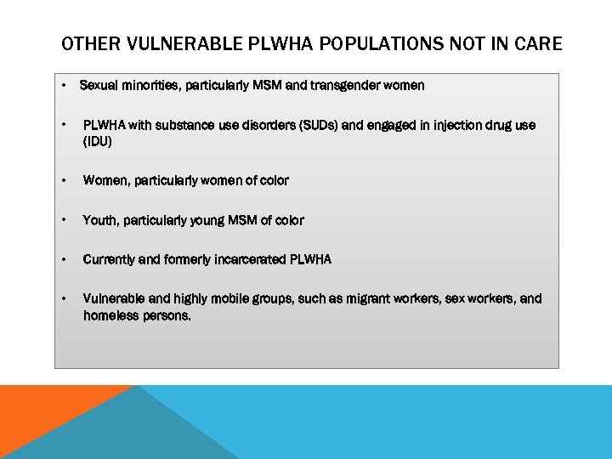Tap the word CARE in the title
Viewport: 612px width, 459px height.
538,43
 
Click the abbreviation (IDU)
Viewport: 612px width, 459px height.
97,142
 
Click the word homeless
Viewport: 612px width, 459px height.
111,315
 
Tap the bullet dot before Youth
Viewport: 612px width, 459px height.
65,220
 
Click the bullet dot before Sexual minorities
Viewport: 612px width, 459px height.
65,85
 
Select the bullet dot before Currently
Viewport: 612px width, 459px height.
65,259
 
